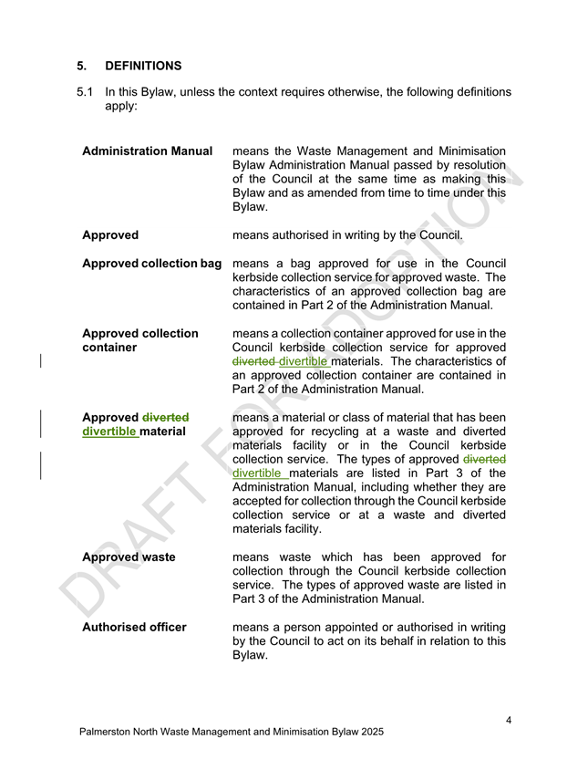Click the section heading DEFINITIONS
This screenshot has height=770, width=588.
(x=144, y=66)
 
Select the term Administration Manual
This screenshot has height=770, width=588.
(x=148, y=151)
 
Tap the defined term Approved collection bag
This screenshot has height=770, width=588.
(x=152, y=264)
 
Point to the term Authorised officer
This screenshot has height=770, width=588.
(x=134, y=627)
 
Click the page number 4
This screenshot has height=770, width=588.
(x=508, y=721)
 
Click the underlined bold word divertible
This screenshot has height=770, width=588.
(x=108, y=431)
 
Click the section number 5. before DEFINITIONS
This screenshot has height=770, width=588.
(x=82, y=66)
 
